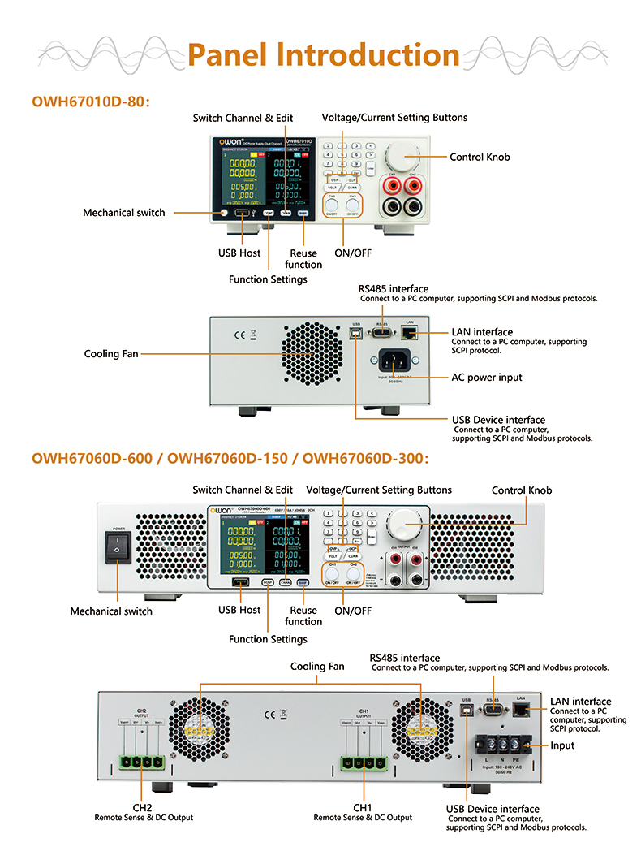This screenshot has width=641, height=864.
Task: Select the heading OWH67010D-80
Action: coord(91,102)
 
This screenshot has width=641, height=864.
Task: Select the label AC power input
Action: coord(486,378)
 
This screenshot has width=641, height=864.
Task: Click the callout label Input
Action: coord(561,745)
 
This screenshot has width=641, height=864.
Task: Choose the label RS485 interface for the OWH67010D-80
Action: coord(394,289)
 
